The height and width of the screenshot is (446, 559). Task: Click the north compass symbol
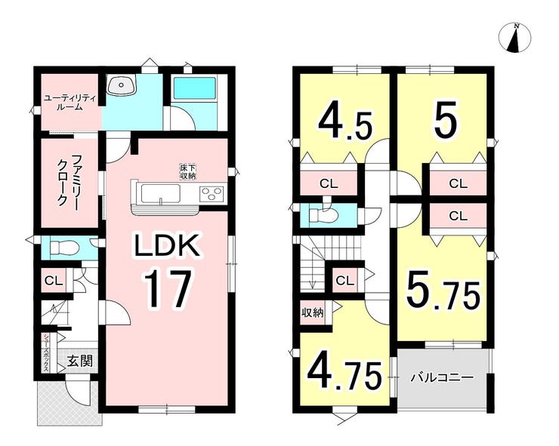click(514, 38)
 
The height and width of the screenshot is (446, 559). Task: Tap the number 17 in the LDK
click(168, 288)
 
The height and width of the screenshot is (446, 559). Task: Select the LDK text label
click(167, 245)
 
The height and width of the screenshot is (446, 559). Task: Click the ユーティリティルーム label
click(69, 102)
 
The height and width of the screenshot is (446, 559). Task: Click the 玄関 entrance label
click(80, 361)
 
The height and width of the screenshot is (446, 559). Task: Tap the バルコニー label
click(441, 377)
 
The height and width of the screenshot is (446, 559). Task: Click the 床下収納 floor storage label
click(188, 172)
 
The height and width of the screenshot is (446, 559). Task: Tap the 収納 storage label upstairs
click(313, 312)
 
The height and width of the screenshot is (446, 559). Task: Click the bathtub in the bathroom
click(195, 89)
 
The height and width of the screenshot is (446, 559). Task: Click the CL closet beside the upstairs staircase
click(344, 280)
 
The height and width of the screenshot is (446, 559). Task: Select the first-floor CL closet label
click(54, 281)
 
